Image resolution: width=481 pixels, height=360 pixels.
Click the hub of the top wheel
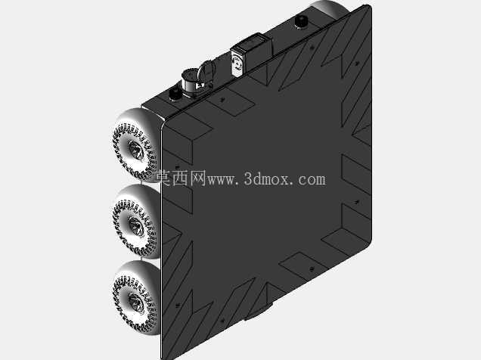pos(135,150)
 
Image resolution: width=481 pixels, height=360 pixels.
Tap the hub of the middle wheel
pos(135,226)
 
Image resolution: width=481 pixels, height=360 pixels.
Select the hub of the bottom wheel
pos(135,303)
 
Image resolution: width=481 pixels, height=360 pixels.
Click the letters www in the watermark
pos(220,180)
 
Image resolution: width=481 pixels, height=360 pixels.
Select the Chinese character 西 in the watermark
pos(181,178)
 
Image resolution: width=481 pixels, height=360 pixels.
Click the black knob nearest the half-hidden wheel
pos(301,22)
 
